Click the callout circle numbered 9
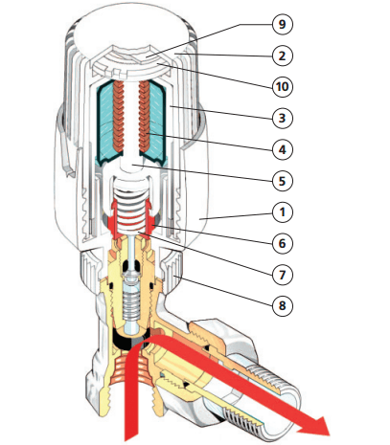coord(283,24)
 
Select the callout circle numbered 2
coord(283,56)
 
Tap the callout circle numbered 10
coord(283,87)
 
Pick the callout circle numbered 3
coord(283,118)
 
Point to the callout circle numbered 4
coord(283,149)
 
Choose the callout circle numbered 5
coord(283,181)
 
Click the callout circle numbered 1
coord(283,211)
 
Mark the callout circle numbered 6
coord(283,243)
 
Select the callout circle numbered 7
coord(283,275)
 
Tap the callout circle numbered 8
coord(283,305)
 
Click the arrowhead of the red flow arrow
coord(314,426)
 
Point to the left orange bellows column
coord(119,117)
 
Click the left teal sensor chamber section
coord(105,122)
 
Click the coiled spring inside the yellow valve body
coord(131,305)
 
